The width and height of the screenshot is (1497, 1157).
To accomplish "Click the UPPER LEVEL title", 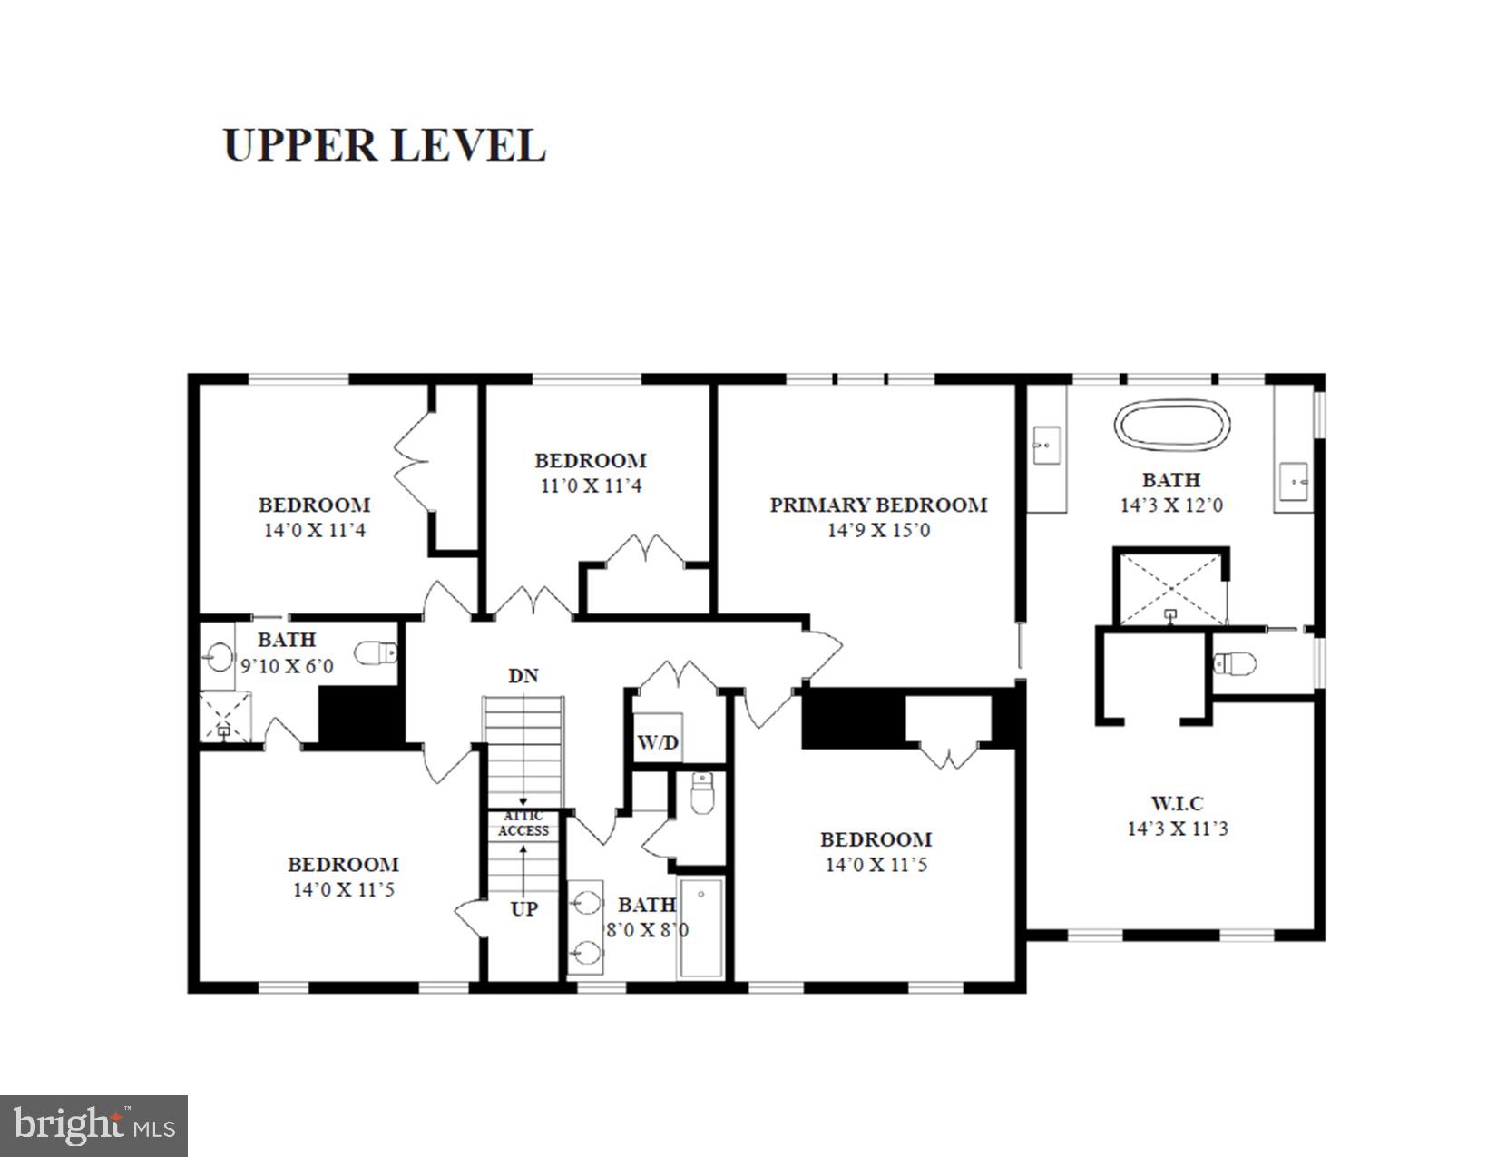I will pos(385,145).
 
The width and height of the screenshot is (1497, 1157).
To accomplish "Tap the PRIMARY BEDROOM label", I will pos(878,505).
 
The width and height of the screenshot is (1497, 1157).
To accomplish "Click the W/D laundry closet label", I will pos(658,743).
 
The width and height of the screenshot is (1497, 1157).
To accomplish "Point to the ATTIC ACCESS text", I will pos(523,824).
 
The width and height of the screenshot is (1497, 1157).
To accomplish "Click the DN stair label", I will pos(523,676).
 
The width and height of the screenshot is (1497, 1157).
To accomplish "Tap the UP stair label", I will pos(523,909).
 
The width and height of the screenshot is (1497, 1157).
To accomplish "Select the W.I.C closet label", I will pos(1177,803).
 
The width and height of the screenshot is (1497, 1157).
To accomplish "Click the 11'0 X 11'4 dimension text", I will pos(591,486).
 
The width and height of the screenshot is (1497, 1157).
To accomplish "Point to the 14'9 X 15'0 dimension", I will pos(878,531).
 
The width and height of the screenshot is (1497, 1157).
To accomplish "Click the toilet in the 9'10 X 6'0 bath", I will pos(376,652).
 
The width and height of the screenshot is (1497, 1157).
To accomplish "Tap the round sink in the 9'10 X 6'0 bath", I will pos(219,656).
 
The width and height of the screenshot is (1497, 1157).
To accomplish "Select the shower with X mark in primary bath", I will pos(1171,589).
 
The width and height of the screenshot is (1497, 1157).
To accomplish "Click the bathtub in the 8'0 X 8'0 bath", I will pos(701,927).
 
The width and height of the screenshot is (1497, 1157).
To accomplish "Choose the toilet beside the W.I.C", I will pos(1235,664).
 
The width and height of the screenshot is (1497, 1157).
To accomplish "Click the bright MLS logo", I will pos(94,1126).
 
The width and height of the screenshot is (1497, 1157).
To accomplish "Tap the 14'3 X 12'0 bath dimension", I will pos(1170,505).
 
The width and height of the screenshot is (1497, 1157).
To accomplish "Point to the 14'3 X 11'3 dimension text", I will pos(1177,829).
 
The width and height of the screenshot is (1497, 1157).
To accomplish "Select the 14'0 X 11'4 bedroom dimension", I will pos(314,531).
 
